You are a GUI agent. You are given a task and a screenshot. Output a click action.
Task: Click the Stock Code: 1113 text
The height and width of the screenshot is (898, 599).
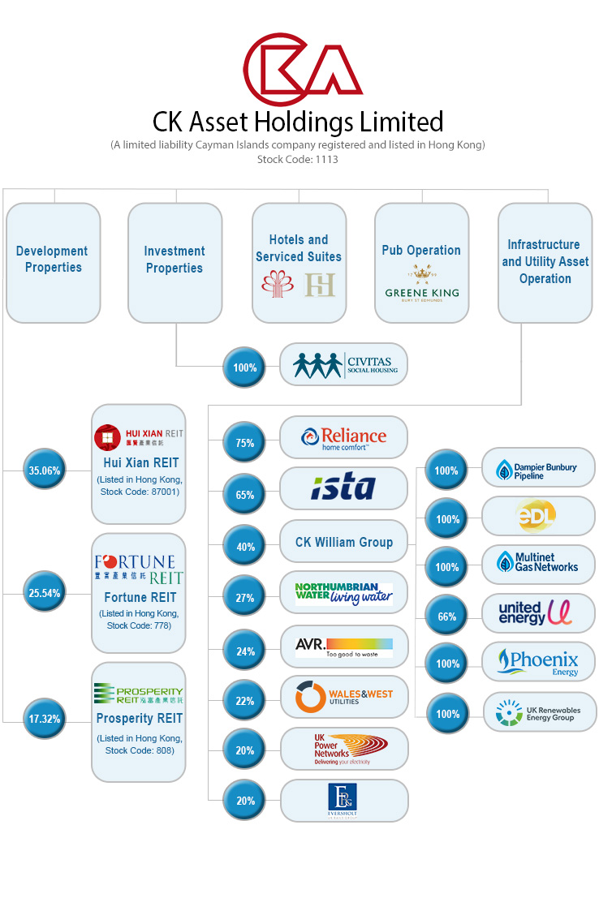(297, 160)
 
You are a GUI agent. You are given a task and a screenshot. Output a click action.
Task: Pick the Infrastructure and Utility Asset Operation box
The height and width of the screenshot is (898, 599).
(545, 261)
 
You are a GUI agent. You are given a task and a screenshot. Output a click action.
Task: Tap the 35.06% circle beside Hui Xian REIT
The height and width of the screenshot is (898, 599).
(44, 469)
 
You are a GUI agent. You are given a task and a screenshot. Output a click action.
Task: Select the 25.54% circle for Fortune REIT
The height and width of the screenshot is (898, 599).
(44, 594)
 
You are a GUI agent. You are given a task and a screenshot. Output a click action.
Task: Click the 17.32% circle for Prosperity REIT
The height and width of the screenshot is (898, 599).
(44, 719)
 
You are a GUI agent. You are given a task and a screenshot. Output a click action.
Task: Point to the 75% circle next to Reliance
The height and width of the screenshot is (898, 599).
(244, 443)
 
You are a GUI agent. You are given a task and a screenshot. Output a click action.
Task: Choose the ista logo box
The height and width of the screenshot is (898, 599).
(344, 488)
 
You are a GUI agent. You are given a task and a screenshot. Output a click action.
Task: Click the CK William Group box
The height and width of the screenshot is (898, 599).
(344, 542)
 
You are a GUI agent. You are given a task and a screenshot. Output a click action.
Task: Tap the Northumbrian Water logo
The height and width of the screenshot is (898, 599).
(344, 594)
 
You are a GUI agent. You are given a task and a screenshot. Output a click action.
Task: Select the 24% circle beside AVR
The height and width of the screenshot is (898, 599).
(244, 651)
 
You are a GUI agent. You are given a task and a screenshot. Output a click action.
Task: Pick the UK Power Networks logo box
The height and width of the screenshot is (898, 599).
(344, 748)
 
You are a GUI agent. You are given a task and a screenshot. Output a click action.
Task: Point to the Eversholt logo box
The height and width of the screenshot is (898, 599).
(344, 800)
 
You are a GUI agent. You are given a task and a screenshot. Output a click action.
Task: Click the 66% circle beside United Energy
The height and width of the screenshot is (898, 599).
(446, 617)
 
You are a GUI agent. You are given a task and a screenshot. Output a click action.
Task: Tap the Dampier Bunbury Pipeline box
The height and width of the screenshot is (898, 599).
(538, 468)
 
